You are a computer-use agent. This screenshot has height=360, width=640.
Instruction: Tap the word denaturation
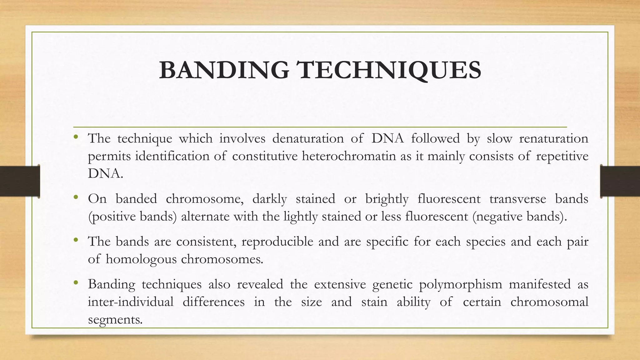tap(308, 138)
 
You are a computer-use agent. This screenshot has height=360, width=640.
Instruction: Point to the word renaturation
tap(553, 138)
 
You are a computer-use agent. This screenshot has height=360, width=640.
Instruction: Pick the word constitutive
tap(265, 156)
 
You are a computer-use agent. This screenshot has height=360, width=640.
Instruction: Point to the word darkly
tap(269, 199)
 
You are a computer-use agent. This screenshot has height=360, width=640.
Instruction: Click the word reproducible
tap(277, 242)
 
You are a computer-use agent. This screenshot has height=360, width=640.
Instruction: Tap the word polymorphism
tap(460, 284)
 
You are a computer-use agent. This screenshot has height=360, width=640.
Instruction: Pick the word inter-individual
tap(131, 302)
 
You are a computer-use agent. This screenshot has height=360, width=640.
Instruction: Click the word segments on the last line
tap(115, 320)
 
